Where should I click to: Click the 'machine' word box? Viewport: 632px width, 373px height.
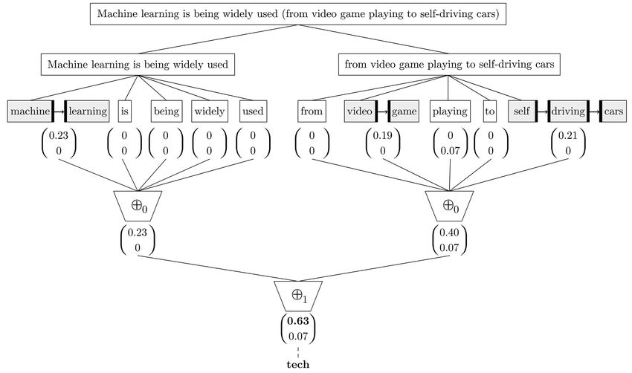pyautogui.click(x=30, y=111)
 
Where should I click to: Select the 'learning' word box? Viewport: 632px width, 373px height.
pyautogui.click(x=87, y=111)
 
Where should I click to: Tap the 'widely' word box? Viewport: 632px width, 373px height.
pyautogui.click(x=210, y=111)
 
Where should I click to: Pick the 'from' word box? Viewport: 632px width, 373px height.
pyautogui.click(x=312, y=111)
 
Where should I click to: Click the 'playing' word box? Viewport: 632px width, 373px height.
pyautogui.click(x=450, y=111)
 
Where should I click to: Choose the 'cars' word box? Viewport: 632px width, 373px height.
pyautogui.click(x=613, y=111)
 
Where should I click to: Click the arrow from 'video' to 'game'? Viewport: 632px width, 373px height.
pyautogui.click(x=382, y=111)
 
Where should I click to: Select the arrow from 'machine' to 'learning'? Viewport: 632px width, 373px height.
pyautogui.click(x=59, y=111)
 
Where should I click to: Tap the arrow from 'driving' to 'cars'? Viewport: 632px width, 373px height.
pyautogui.click(x=594, y=111)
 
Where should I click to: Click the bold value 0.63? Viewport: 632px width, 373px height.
pyautogui.click(x=298, y=321)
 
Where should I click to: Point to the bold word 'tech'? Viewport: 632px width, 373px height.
pyautogui.click(x=298, y=365)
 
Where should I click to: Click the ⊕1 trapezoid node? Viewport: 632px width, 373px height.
pyautogui.click(x=298, y=296)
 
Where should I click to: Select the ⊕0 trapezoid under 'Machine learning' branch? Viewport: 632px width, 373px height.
pyautogui.click(x=138, y=206)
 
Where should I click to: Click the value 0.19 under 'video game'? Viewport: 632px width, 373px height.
pyautogui.click(x=382, y=136)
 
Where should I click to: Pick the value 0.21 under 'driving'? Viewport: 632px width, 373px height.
pyautogui.click(x=568, y=136)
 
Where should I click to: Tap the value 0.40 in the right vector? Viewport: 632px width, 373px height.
pyautogui.click(x=449, y=233)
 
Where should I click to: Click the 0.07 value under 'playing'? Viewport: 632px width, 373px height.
pyautogui.click(x=451, y=151)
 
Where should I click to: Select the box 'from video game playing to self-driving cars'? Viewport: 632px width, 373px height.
pyautogui.click(x=449, y=65)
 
